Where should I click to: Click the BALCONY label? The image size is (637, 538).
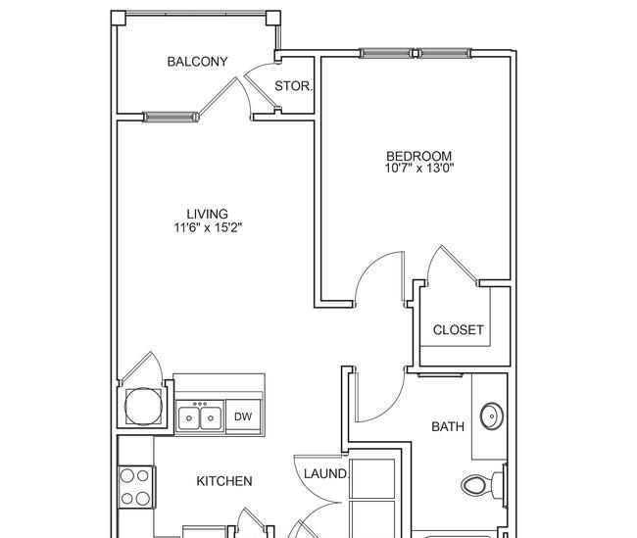tap(197, 62)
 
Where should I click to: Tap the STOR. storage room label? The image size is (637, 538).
tap(294, 86)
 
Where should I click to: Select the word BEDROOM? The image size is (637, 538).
tap(418, 156)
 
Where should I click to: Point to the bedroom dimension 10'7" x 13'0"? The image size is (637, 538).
tap(419, 168)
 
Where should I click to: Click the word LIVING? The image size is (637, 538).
tap(208, 214)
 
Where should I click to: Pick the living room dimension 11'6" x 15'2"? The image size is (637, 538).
tap(208, 227)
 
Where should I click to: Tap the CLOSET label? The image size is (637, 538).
tap(459, 329)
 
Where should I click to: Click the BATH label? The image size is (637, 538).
tap(448, 426)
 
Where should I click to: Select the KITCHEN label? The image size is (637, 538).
tap(224, 481)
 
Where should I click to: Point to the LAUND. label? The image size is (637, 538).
tap(326, 473)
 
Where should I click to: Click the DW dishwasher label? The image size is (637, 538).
tap(243, 416)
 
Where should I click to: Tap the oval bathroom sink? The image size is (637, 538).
tap(492, 416)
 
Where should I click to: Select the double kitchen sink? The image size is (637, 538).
tap(200, 416)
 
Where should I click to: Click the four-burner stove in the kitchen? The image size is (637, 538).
tap(136, 487)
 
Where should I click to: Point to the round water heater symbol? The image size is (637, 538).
tap(143, 407)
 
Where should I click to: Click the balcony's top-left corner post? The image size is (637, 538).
tap(119, 19)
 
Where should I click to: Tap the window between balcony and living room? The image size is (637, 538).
tap(171, 118)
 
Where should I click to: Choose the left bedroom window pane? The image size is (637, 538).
tap(386, 53)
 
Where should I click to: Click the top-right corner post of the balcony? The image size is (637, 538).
tap(273, 19)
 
